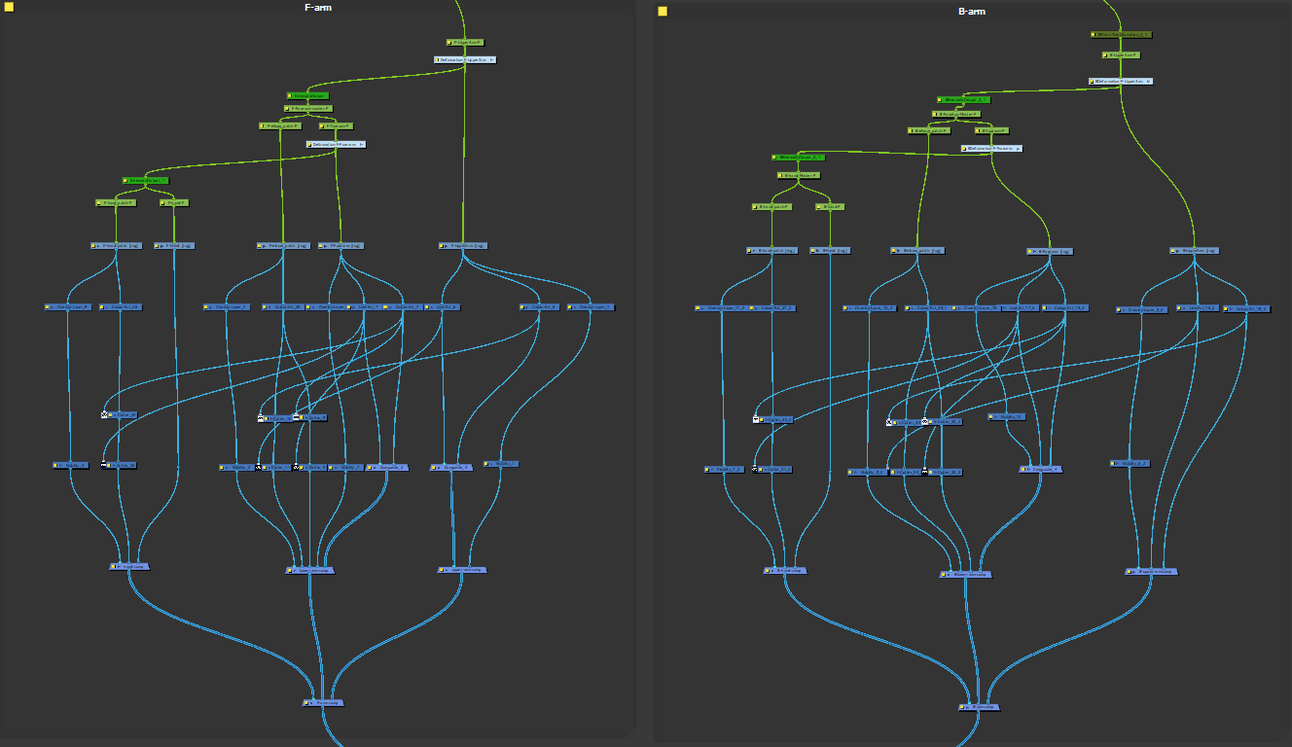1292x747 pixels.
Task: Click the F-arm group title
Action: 318,8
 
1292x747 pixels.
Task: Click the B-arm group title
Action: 972,12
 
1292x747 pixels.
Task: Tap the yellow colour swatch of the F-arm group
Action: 9,8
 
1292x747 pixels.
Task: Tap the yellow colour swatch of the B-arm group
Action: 663,12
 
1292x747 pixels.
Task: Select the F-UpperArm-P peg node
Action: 465,43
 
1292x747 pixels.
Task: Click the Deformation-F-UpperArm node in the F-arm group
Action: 465,59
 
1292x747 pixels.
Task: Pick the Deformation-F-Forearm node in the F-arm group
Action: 337,144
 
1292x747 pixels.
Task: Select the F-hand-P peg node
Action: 173,203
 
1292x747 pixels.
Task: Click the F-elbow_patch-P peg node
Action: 280,125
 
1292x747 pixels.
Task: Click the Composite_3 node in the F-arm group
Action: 451,467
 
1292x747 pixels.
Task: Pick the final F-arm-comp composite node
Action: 324,701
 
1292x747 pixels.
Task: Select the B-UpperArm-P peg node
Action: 1121,55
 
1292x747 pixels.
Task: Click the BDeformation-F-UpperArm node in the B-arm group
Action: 1121,81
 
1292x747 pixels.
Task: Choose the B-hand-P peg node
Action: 830,207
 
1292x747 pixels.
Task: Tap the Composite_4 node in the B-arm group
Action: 1040,469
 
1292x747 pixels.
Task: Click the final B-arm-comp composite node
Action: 978,707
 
